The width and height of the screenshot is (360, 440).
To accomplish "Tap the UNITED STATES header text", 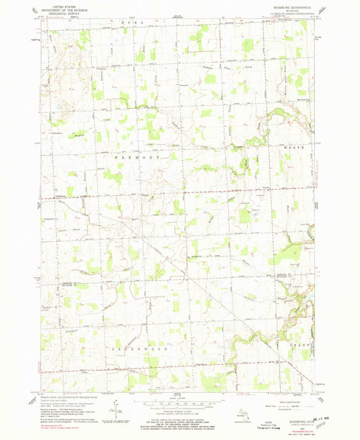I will click(x=63, y=4).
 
